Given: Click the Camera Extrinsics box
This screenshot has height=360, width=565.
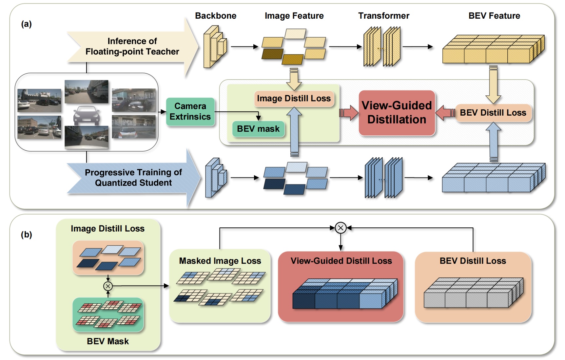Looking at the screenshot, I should click(x=190, y=112).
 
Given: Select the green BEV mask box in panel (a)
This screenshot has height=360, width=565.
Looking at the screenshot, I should click(x=258, y=129).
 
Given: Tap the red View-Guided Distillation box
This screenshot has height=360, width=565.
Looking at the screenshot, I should click(x=397, y=113).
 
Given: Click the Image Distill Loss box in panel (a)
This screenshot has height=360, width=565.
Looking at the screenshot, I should click(x=294, y=99).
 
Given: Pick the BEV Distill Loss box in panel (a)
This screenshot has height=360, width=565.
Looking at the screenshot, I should click(x=493, y=113).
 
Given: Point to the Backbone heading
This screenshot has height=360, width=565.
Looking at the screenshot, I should click(x=216, y=16).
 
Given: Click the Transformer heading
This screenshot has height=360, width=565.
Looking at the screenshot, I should click(x=383, y=16).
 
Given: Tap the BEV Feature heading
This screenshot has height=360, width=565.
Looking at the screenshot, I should click(x=494, y=16).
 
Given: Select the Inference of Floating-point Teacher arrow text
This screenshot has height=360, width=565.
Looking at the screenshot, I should click(x=132, y=46).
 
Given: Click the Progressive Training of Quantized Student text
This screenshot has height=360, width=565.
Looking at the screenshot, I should click(x=133, y=178).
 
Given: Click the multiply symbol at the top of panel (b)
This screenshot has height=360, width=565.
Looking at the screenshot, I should click(x=341, y=228).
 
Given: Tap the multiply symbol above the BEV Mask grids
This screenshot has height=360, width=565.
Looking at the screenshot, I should click(x=108, y=286).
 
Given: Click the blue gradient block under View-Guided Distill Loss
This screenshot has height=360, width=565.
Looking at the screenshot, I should click(x=344, y=294).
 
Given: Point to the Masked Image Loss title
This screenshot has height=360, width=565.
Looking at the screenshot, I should click(x=220, y=261).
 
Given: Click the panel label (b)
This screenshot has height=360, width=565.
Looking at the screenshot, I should click(x=27, y=235).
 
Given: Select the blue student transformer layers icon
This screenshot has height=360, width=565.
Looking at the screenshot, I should click(x=383, y=178).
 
